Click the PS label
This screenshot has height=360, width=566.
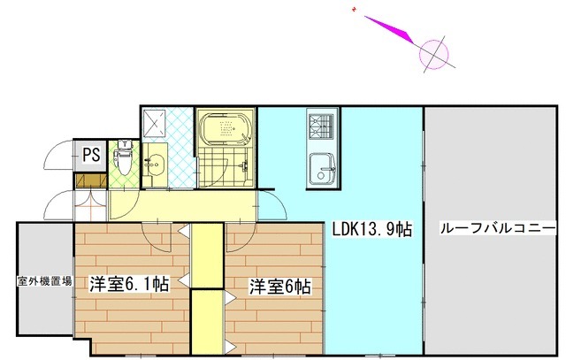click(x=91, y=156)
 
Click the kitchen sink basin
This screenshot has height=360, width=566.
click(x=318, y=165)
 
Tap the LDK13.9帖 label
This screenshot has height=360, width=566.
click(x=372, y=228)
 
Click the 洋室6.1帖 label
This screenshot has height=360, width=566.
click(x=129, y=285)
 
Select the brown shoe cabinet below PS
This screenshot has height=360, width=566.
click(x=92, y=180)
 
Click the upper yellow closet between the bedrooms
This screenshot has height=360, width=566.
click(x=208, y=257)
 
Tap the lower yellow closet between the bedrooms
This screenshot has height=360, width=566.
click(x=208, y=322)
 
